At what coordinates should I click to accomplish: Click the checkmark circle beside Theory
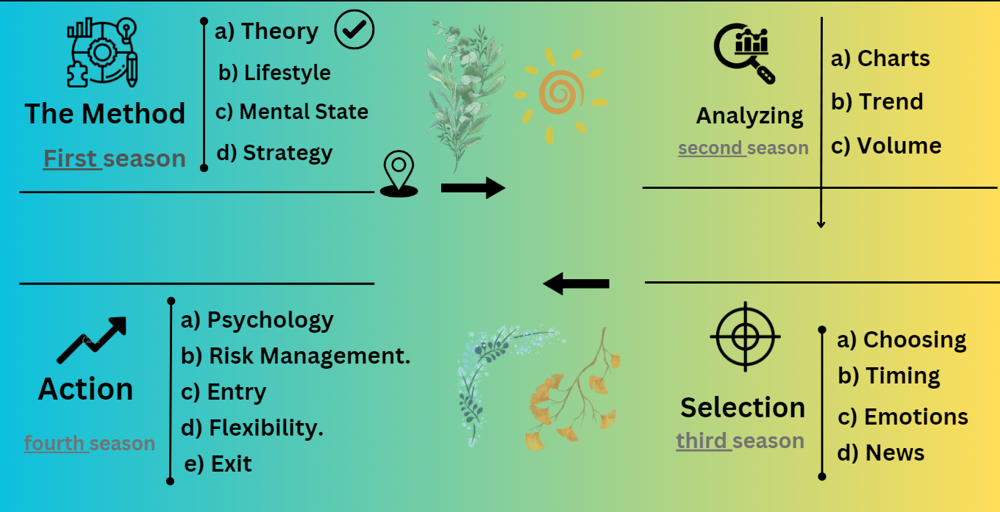pyautogui.click(x=354, y=29)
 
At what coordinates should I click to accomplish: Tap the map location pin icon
pyautogui.click(x=399, y=174)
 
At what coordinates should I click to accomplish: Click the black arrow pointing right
pyautogui.click(x=474, y=188)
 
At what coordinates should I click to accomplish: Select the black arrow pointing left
pyautogui.click(x=576, y=284)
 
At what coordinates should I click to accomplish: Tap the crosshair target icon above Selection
pyautogui.click(x=745, y=336)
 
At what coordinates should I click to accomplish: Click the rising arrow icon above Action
pyautogui.click(x=92, y=340)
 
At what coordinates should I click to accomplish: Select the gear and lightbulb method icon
pyautogui.click(x=102, y=52)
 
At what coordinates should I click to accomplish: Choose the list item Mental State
pyautogui.click(x=304, y=112)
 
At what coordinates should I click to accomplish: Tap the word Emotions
pyautogui.click(x=916, y=417)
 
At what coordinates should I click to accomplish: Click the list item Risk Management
pyautogui.click(x=310, y=356)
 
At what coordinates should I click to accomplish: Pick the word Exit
pyautogui.click(x=231, y=464)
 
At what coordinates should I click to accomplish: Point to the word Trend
pyautogui.click(x=891, y=101)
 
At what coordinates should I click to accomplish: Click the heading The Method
pyautogui.click(x=105, y=113)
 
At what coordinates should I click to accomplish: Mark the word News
pyautogui.click(x=895, y=452)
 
